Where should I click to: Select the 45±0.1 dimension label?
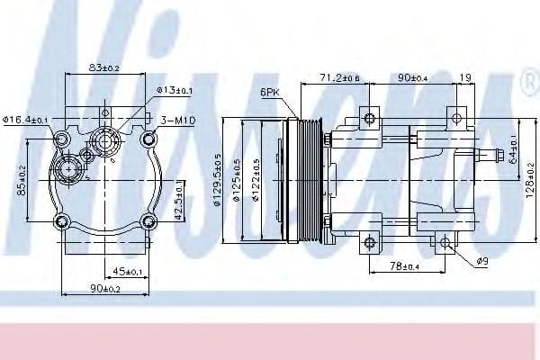[128, 271]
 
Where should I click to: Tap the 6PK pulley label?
[270, 92]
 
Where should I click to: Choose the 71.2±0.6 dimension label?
[339, 79]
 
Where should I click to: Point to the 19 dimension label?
[464, 79]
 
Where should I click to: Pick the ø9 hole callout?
[482, 261]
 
